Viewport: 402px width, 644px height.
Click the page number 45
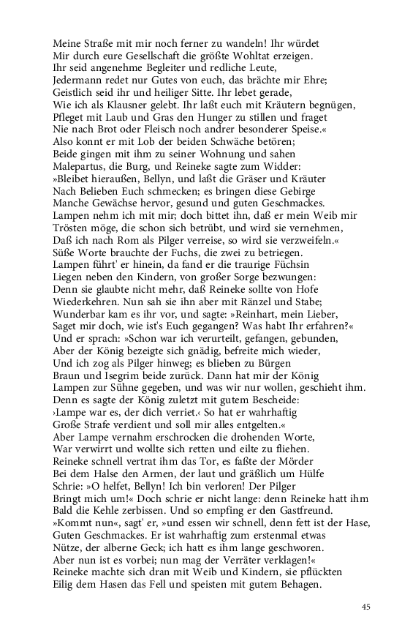coord(366,606)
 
